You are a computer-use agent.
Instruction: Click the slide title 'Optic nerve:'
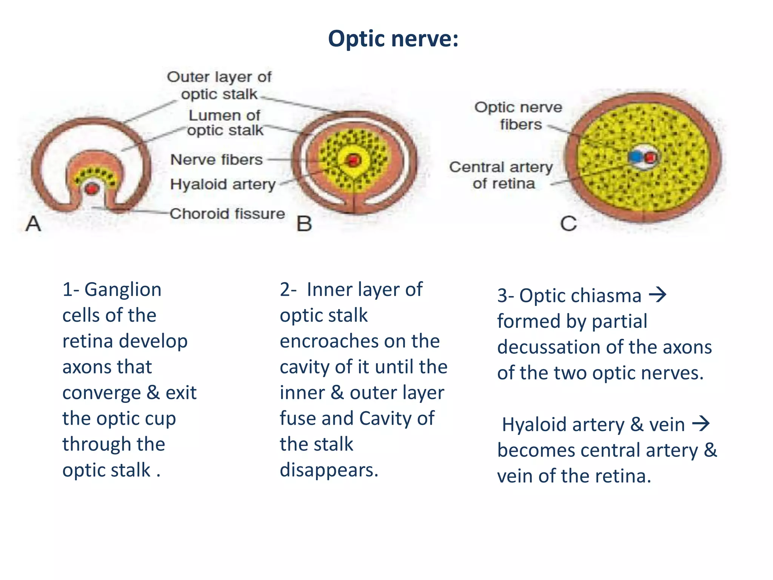(393, 39)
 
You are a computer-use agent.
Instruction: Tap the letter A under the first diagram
(33, 223)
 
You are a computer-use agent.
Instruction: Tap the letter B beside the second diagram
(304, 224)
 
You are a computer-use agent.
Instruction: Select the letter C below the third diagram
(568, 224)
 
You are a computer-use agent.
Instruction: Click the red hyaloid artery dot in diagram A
(91, 188)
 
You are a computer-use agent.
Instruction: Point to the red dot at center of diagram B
(353, 160)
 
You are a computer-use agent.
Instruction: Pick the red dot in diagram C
(650, 157)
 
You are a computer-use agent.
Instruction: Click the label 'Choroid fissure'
(227, 214)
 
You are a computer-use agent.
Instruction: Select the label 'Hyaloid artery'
(223, 184)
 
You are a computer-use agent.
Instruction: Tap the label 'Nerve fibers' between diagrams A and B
(216, 160)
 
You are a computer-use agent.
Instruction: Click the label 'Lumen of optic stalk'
(225, 123)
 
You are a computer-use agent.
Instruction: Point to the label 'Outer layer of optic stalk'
(219, 85)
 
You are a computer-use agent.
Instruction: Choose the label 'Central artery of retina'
(501, 175)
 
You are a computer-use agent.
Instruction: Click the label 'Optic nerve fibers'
(518, 116)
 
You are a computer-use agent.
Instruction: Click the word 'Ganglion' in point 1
(123, 290)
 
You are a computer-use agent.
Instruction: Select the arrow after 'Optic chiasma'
(658, 295)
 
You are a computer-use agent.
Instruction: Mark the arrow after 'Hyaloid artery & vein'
(701, 424)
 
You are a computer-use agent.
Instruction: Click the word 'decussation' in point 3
(552, 347)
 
